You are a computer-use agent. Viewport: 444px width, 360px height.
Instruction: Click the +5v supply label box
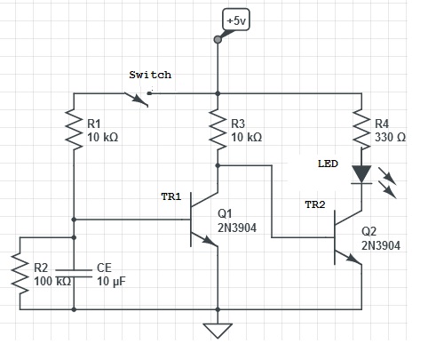tap(236, 20)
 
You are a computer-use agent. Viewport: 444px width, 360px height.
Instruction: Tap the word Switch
tap(150, 75)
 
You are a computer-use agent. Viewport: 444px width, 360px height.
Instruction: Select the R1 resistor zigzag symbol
tap(74, 129)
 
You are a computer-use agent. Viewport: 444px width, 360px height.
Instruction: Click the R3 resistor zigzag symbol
tap(218, 129)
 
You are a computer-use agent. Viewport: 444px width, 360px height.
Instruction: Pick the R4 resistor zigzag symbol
tap(361, 129)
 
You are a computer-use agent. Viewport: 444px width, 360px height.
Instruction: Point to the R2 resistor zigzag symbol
tap(20, 275)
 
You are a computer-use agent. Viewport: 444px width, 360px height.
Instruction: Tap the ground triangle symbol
tap(218, 331)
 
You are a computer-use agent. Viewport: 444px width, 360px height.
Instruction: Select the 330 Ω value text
tap(390, 137)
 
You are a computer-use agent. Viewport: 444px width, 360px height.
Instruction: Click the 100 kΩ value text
tap(52, 281)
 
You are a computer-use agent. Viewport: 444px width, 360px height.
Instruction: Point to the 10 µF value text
tap(111, 281)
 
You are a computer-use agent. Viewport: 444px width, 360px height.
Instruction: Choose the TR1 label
tap(171, 196)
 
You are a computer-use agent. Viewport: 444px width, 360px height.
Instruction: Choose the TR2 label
tap(315, 204)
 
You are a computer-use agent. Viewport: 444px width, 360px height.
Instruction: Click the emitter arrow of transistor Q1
tap(210, 241)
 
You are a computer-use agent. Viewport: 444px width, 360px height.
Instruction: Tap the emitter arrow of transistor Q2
tap(353, 259)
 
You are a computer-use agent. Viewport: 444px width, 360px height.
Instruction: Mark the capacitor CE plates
tap(74, 274)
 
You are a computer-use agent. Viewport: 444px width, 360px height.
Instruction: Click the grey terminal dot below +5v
tap(218, 39)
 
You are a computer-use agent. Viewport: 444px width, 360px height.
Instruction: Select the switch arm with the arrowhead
tap(136, 100)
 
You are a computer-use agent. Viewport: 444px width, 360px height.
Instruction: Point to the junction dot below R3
tap(218, 165)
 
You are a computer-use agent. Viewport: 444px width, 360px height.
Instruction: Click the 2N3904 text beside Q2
tap(381, 245)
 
